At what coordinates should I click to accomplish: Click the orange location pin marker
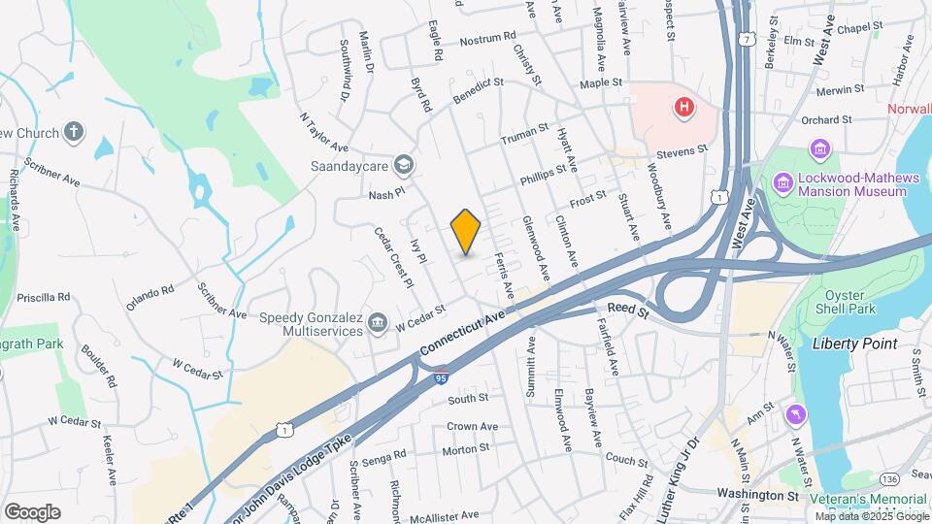(466, 231)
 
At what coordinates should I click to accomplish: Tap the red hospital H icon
(685, 107)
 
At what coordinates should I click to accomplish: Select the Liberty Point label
(854, 344)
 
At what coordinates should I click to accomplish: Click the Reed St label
(627, 308)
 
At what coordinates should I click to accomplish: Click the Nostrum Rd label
(487, 39)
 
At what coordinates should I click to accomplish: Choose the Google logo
(32, 511)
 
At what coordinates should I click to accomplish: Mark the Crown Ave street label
(472, 426)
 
